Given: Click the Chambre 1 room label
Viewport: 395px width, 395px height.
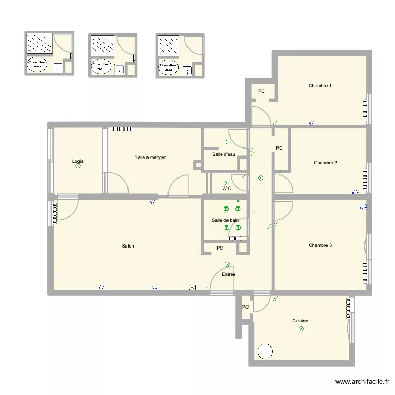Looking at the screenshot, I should [x=320, y=86].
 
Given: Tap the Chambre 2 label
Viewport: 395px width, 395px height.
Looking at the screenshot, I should [x=325, y=163].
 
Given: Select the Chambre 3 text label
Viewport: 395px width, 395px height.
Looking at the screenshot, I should [x=320, y=245].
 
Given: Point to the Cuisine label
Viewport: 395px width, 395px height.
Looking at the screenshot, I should [x=300, y=321].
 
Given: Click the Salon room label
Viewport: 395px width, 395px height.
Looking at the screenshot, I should [x=127, y=246].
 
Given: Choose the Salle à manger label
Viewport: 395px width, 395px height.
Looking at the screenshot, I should [x=150, y=157].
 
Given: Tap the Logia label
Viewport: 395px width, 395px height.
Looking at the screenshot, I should [x=78, y=161].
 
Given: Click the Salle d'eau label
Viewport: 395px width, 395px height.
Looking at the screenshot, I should [x=223, y=154].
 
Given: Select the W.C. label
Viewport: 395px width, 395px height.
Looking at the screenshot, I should [x=228, y=188].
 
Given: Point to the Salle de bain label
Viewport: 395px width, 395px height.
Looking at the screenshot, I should [x=225, y=220].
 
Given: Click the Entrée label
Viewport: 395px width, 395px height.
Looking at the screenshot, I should [x=228, y=274].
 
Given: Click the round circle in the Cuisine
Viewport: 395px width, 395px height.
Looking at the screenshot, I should [x=264, y=351].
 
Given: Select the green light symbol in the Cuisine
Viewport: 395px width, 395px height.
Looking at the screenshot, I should [x=301, y=329].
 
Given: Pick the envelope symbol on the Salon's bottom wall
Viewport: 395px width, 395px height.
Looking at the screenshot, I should [x=192, y=288].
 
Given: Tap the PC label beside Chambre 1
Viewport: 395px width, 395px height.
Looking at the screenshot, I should [x=261, y=92].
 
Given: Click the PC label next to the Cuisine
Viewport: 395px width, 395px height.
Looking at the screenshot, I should [x=245, y=307].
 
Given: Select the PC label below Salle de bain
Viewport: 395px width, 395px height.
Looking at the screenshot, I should [x=220, y=248].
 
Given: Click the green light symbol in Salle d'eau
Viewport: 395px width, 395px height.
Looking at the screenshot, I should [x=228, y=142].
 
